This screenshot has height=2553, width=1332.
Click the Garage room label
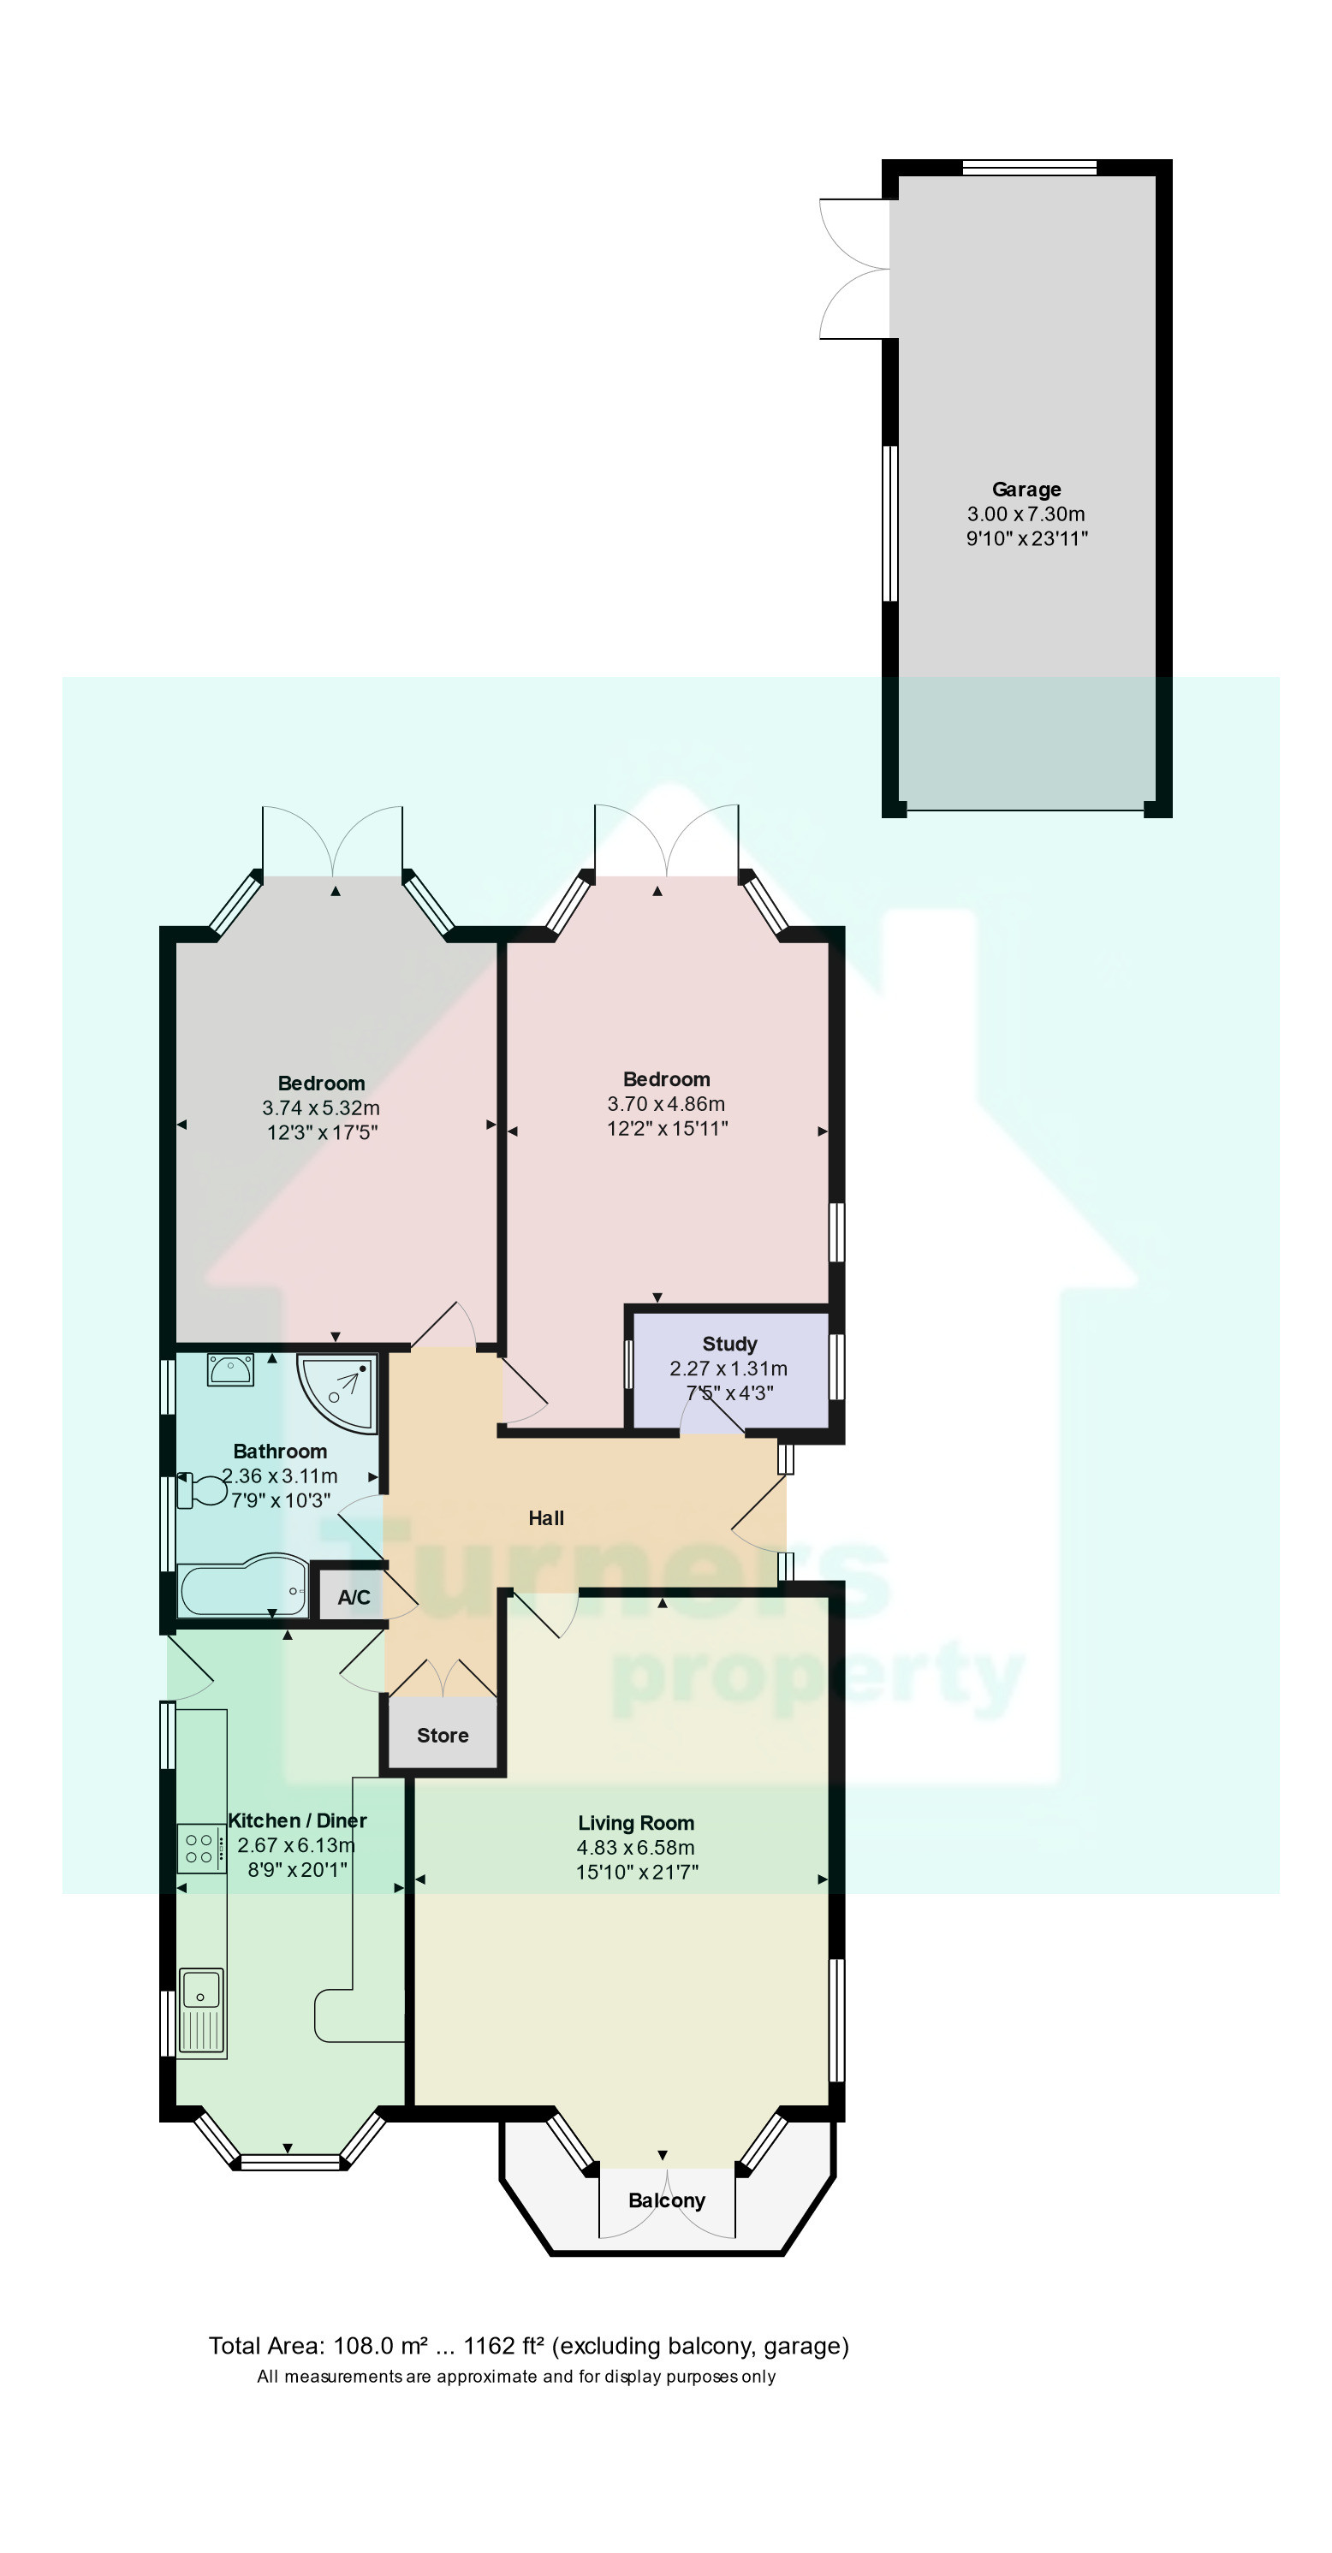click(1026, 489)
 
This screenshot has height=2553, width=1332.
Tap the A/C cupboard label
click(354, 1597)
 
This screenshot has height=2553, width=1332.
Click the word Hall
click(545, 1517)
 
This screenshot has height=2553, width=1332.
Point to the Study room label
click(729, 1344)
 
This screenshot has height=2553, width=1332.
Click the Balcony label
click(666, 2200)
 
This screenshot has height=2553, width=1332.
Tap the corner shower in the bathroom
click(340, 1392)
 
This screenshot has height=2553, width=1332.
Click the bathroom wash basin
click(231, 1369)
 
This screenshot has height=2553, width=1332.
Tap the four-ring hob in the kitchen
click(200, 1849)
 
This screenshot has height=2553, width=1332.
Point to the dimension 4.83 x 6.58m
click(635, 1848)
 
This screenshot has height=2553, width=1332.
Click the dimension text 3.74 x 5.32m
click(320, 1108)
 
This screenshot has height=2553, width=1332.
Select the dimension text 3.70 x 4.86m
click(666, 1104)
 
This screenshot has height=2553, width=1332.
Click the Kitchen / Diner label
click(296, 1820)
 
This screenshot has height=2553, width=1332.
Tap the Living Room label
click(635, 1823)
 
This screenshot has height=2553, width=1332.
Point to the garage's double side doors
click(854, 269)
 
